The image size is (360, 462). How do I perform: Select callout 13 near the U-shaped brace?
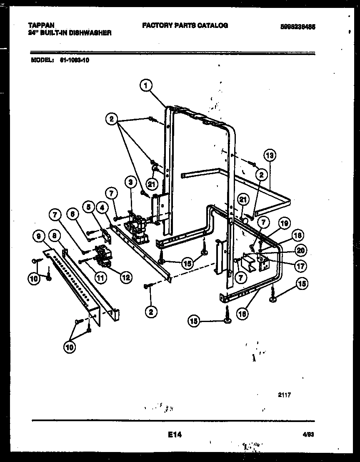coord(270,155)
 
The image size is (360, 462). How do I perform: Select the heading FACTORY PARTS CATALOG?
coord(185,25)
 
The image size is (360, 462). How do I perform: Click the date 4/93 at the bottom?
coord(308,435)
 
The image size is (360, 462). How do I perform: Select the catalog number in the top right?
coord(297,25)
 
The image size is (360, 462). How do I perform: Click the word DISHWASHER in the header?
coord(90,32)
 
